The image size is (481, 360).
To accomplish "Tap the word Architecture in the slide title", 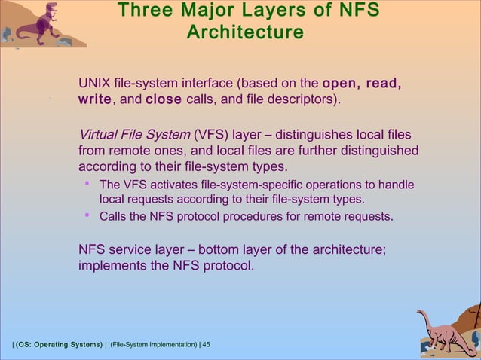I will tap(245, 34).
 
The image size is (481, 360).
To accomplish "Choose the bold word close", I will tap(164, 99).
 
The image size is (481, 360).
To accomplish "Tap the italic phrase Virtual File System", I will tap(134, 135).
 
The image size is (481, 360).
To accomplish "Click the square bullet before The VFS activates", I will tap(87, 183).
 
